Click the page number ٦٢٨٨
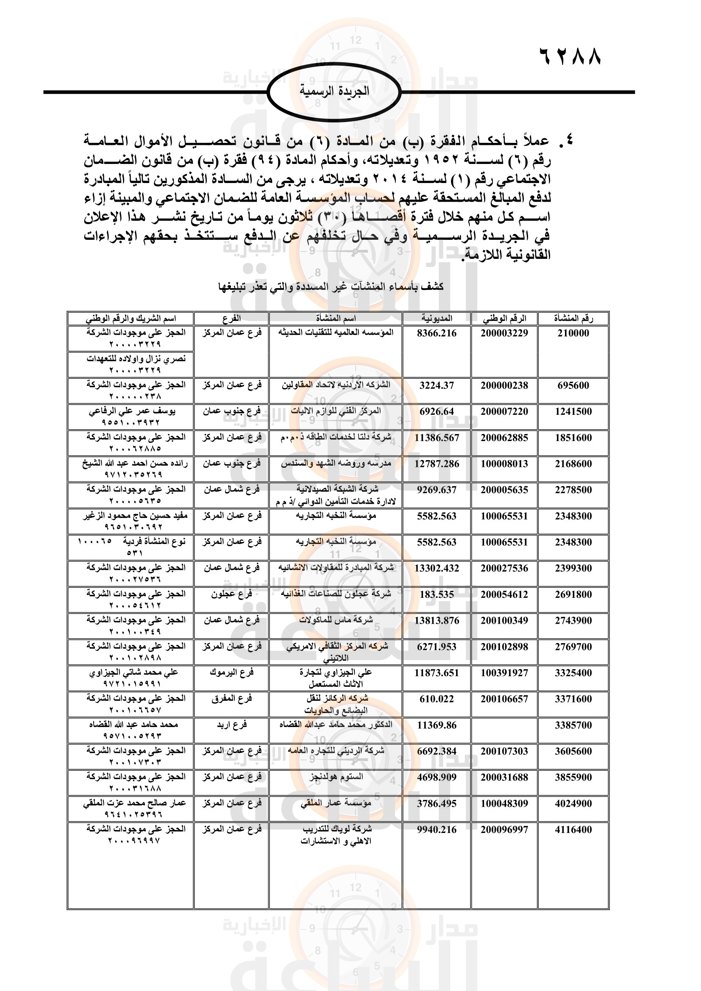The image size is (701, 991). point(570,56)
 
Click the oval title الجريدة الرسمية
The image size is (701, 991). point(334,91)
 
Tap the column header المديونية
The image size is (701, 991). point(437,319)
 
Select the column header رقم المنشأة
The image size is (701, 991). point(573,319)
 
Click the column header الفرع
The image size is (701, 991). point(231,319)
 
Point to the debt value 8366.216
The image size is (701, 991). point(437,333)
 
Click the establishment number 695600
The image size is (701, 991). point(573,386)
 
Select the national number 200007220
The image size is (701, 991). point(504,412)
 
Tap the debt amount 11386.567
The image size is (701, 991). point(437,438)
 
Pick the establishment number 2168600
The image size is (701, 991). point(573,464)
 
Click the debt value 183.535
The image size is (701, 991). point(437,595)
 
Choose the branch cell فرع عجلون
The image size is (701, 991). point(231,594)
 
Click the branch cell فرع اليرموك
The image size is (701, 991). point(231,672)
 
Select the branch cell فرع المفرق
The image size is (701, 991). point(231,699)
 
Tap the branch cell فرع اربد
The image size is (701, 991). point(231,725)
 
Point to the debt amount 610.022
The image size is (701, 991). point(437,699)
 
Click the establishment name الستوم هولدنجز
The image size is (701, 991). point(336,777)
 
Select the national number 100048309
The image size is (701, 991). point(504,804)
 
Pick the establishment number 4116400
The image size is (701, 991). point(573,830)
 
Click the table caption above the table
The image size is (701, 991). point(331,286)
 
